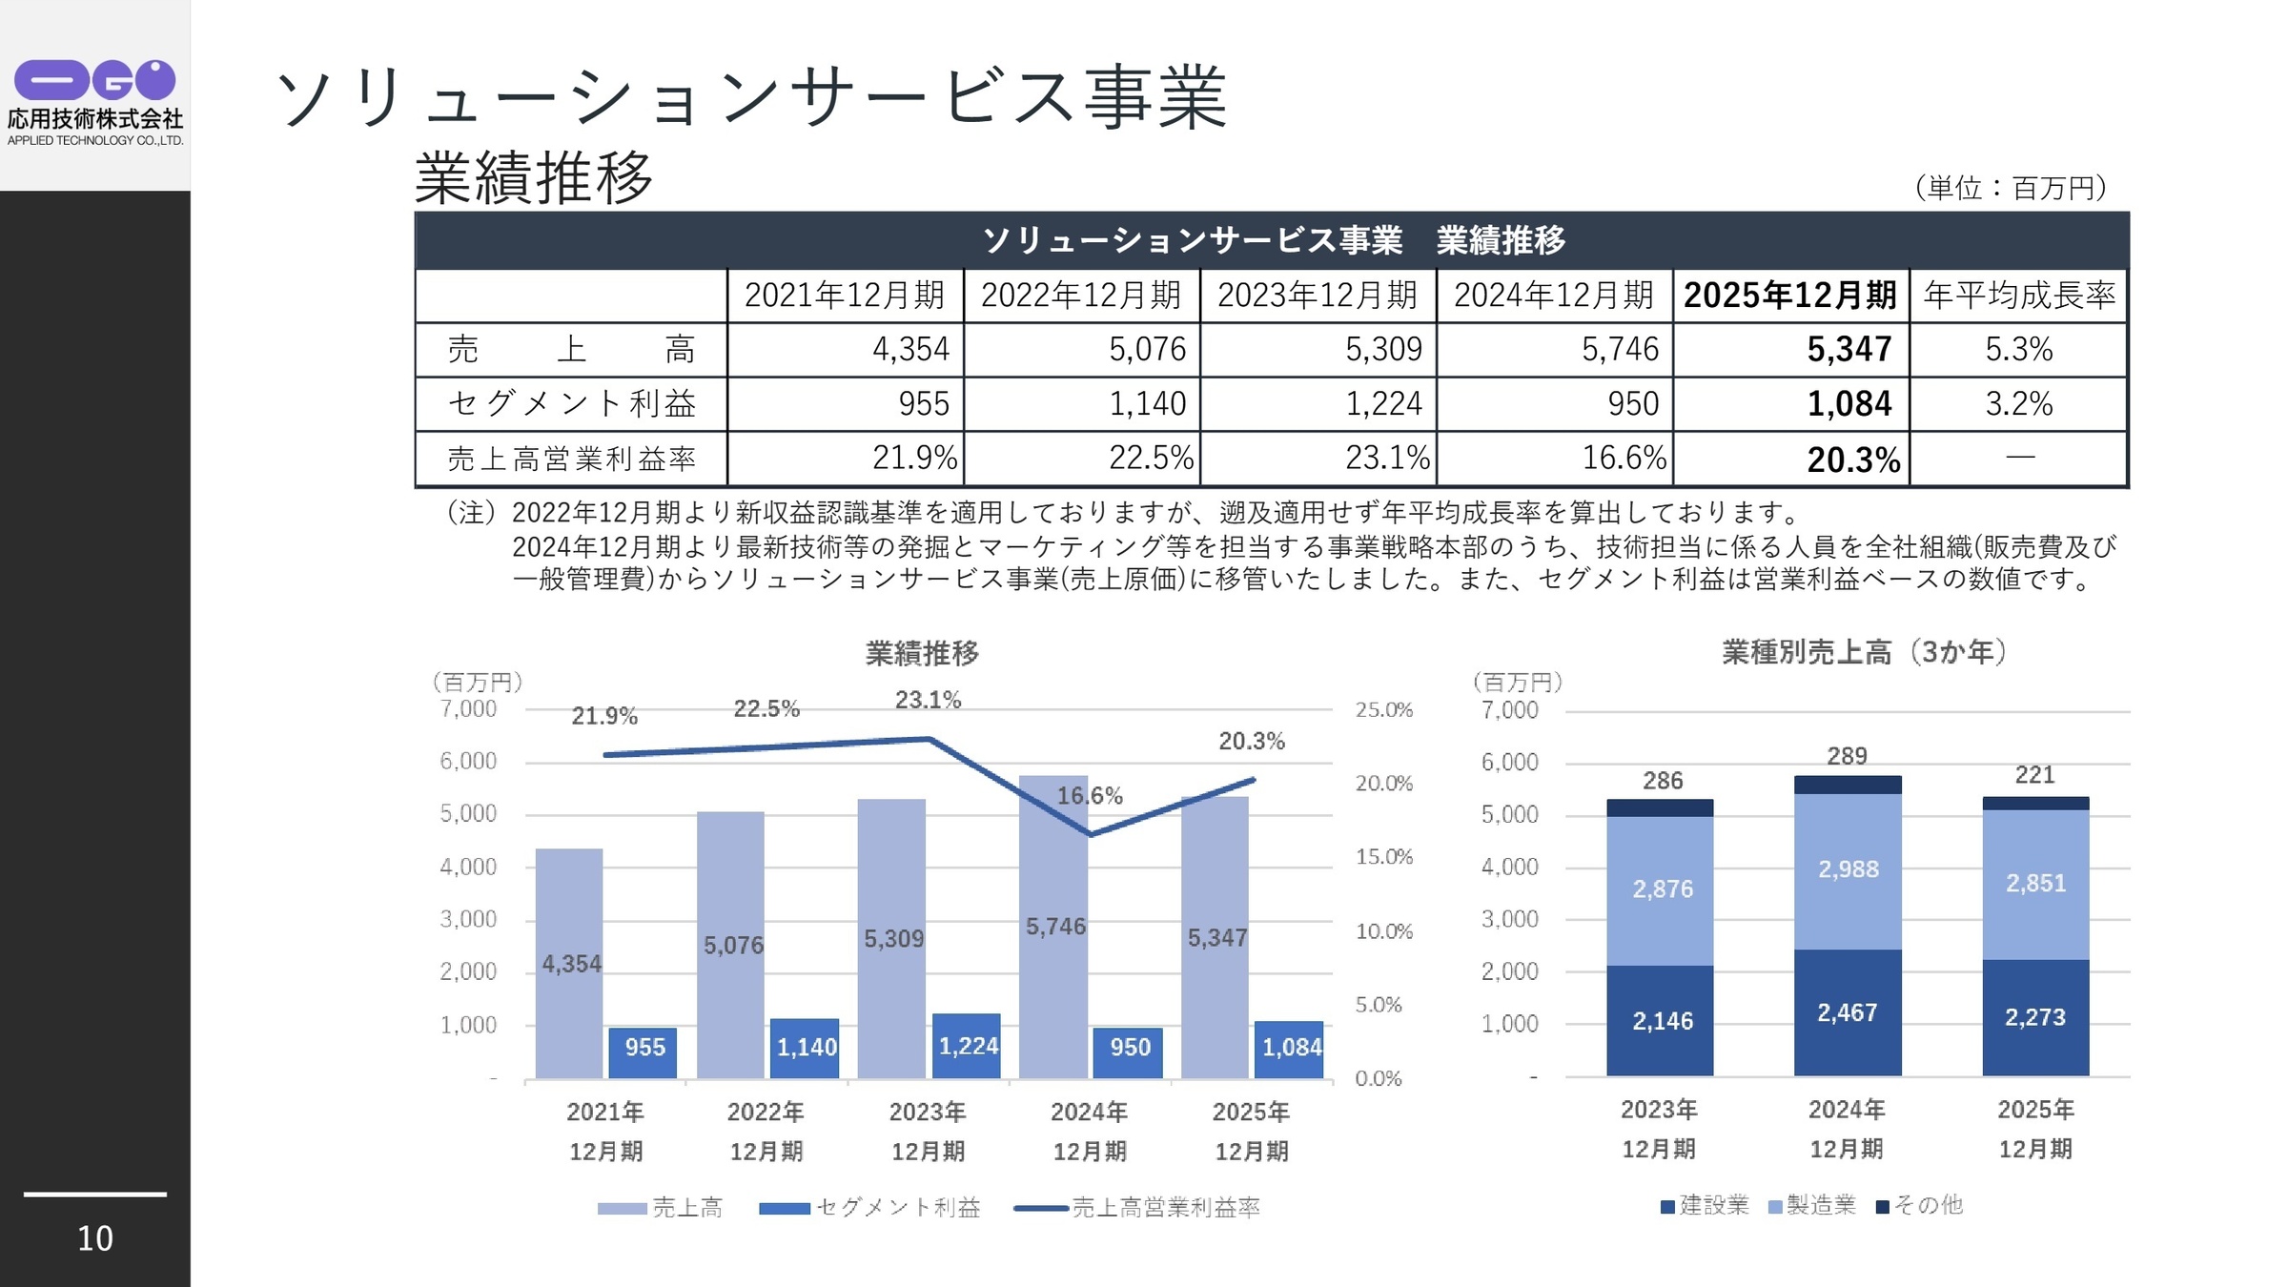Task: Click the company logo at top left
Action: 94,100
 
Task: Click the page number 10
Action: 94,1237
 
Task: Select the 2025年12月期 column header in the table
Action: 1789,295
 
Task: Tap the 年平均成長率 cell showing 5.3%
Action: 2018,349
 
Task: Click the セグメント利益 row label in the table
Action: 571,403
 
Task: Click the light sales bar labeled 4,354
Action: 569,963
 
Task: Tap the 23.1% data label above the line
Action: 928,700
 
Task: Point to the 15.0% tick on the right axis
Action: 1383,856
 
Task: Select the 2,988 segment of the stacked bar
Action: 1848,869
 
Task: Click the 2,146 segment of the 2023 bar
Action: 1662,1021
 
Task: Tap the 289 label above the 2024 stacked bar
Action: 1847,756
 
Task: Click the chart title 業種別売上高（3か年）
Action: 1863,652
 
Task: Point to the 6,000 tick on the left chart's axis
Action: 468,761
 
